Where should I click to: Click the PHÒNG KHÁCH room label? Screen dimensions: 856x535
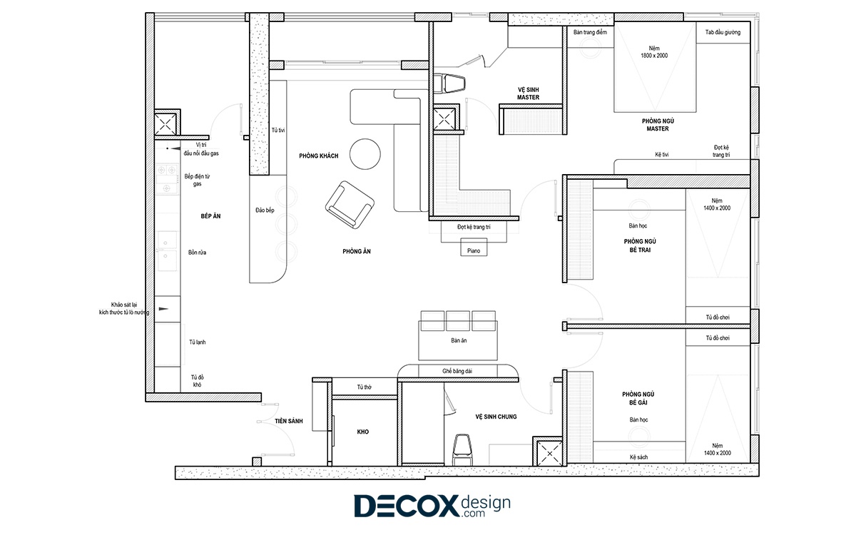tap(319, 156)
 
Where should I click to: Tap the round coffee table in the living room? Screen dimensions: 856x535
tap(365, 154)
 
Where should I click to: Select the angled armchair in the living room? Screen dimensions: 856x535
tap(350, 205)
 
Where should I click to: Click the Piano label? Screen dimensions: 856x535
tap(474, 251)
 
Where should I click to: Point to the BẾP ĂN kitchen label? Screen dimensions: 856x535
tap(210, 216)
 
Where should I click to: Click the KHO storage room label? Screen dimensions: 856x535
tap(362, 432)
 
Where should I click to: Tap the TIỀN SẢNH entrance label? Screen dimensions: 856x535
tap(288, 421)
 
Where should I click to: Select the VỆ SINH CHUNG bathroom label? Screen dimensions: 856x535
tap(496, 417)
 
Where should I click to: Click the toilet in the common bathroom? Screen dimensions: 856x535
tap(462, 450)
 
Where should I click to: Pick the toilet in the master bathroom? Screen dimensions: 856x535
tap(449, 83)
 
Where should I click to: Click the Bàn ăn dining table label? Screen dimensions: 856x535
tap(459, 340)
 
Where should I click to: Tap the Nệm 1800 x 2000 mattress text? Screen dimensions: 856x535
tap(654, 52)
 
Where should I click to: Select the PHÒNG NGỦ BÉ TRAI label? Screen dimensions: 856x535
tap(640, 245)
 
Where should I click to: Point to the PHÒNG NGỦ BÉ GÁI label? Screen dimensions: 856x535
tap(638, 398)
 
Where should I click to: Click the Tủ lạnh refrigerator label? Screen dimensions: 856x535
tap(197, 342)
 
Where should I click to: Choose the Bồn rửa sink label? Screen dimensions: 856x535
tap(197, 253)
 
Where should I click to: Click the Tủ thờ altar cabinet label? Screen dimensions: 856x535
tap(365, 387)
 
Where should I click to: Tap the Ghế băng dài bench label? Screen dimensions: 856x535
tap(457, 371)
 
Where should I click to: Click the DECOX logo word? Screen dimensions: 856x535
tap(407, 506)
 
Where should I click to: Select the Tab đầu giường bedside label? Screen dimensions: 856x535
tap(723, 33)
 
